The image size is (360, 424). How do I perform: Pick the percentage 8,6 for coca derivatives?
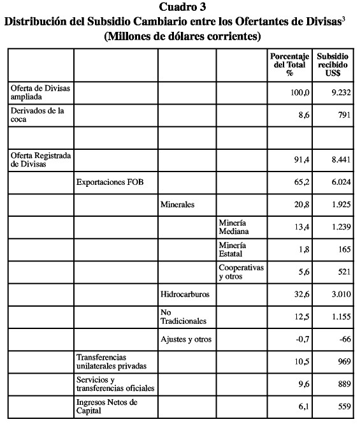(x=301, y=115)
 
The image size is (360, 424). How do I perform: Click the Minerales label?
(x=177, y=205)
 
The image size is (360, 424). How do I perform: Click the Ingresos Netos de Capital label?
(x=107, y=407)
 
